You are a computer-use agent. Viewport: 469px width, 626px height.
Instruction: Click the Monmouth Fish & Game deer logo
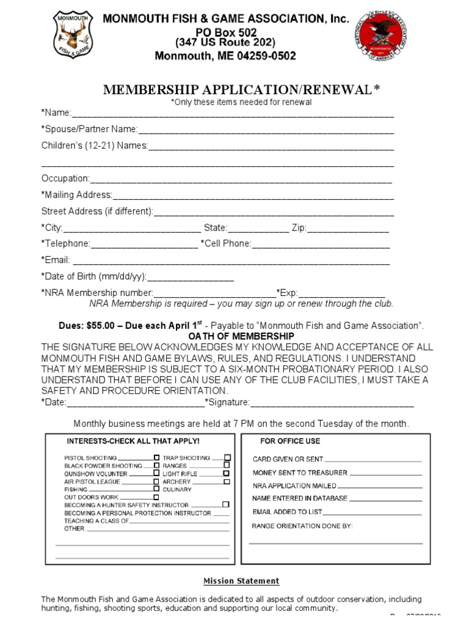click(72, 34)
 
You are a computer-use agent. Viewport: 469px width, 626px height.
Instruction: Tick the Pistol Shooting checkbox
click(156, 458)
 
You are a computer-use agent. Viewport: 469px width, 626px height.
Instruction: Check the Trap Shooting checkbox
click(227, 458)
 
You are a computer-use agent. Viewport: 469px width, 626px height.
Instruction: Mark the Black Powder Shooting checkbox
click(156, 466)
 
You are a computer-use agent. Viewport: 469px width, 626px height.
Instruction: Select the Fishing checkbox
click(156, 489)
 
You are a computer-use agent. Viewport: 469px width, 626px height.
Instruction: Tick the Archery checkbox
click(227, 482)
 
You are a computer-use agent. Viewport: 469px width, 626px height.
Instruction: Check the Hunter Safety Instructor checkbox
click(225, 505)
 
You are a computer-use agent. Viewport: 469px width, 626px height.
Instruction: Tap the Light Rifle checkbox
click(227, 474)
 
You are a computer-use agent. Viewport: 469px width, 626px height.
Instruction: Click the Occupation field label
click(65, 179)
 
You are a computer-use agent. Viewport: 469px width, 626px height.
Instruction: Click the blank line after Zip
click(347, 228)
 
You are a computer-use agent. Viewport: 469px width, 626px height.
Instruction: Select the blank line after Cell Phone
click(321, 245)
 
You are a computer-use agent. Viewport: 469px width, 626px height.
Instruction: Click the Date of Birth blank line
click(191, 277)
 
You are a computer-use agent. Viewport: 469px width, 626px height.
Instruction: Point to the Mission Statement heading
click(241, 581)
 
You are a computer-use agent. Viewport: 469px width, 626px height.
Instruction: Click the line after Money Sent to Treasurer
click(385, 473)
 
